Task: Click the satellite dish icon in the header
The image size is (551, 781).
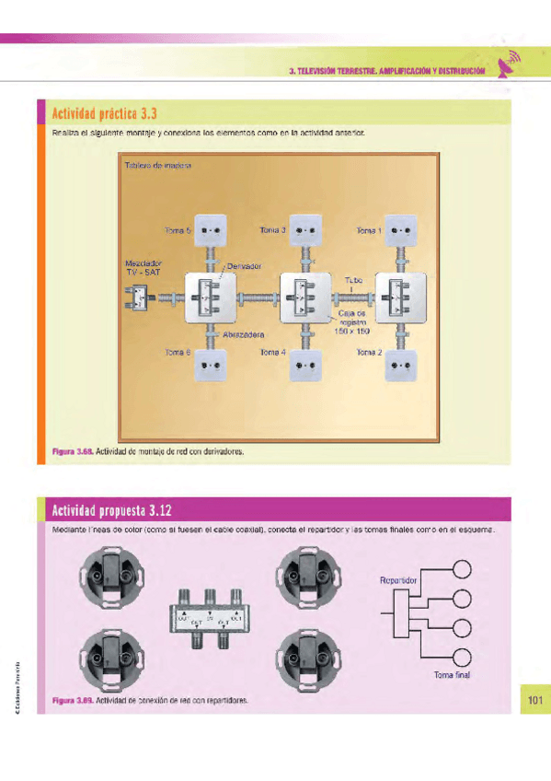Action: tap(510, 64)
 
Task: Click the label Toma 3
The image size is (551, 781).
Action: tap(273, 230)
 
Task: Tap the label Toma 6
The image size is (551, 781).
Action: tap(178, 352)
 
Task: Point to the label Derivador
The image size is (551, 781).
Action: tap(246, 266)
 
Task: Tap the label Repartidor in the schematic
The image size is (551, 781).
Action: tap(398, 581)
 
